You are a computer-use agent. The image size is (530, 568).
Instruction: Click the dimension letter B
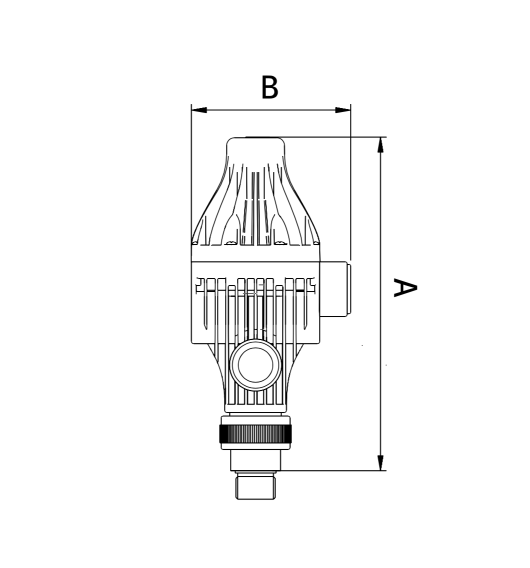pos(269,87)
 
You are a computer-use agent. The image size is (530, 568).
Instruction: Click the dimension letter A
pos(405,287)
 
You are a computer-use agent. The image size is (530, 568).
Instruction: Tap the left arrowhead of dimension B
pos(199,110)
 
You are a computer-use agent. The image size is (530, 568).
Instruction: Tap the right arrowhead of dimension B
pos(342,110)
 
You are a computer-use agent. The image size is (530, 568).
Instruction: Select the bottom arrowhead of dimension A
pos(380,463)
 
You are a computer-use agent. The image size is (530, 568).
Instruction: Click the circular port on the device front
pos(255,365)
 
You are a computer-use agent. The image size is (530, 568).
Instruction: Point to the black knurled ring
pos(255,434)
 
